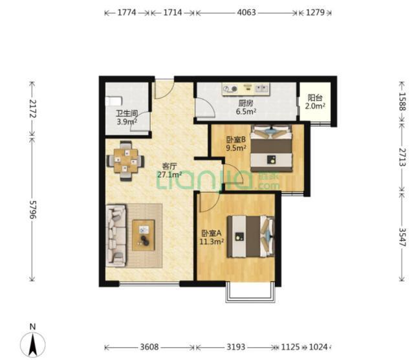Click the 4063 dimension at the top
(x=246, y=12)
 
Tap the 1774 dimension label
(x=127, y=12)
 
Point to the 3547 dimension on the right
(x=402, y=237)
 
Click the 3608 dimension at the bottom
(x=149, y=346)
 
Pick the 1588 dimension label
(x=402, y=101)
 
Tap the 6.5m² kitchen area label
(x=246, y=111)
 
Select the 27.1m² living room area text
(x=169, y=174)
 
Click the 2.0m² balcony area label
(x=315, y=106)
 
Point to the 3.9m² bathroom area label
(x=127, y=122)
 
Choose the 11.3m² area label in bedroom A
(x=212, y=242)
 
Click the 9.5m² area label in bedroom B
(x=236, y=148)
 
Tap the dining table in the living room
(x=125, y=161)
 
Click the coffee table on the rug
(x=144, y=235)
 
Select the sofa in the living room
(x=116, y=235)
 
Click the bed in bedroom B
(x=271, y=148)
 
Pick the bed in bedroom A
(x=250, y=236)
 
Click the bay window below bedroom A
(x=250, y=292)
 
